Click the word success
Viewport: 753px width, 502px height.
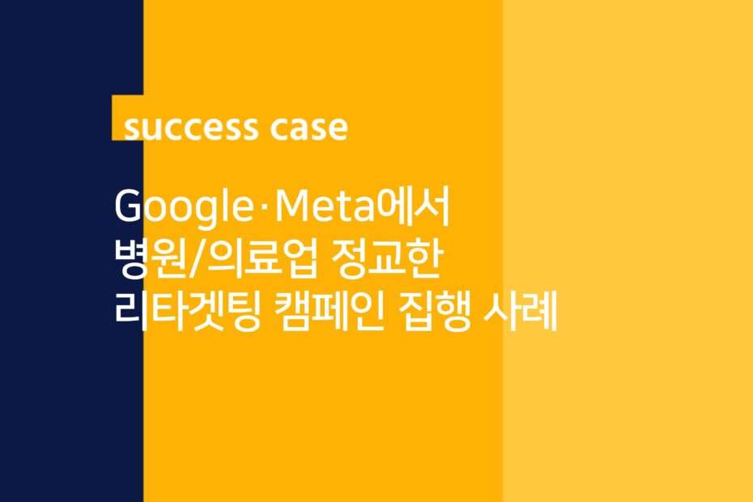(190, 128)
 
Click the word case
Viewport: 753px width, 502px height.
(308, 128)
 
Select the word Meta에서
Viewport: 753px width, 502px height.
(363, 206)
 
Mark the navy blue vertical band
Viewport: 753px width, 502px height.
(71, 251)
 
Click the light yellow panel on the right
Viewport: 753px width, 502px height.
(627, 251)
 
